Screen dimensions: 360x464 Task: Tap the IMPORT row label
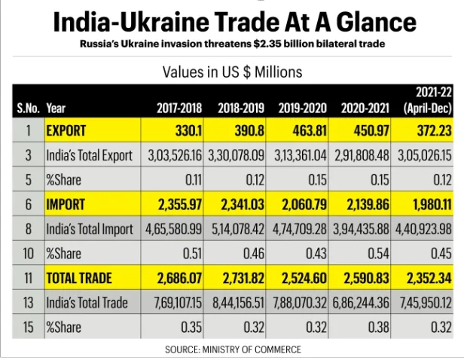click(67, 204)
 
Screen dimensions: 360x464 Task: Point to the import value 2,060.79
click(307, 204)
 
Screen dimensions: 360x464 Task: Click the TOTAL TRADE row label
click(79, 278)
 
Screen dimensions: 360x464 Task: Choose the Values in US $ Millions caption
click(233, 72)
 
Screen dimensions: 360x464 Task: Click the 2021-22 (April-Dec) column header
click(427, 101)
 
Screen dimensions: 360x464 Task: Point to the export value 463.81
click(309, 130)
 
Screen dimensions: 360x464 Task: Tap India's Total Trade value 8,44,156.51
click(242, 303)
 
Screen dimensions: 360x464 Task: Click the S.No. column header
click(29, 108)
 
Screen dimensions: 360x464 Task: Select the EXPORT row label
click(66, 130)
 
